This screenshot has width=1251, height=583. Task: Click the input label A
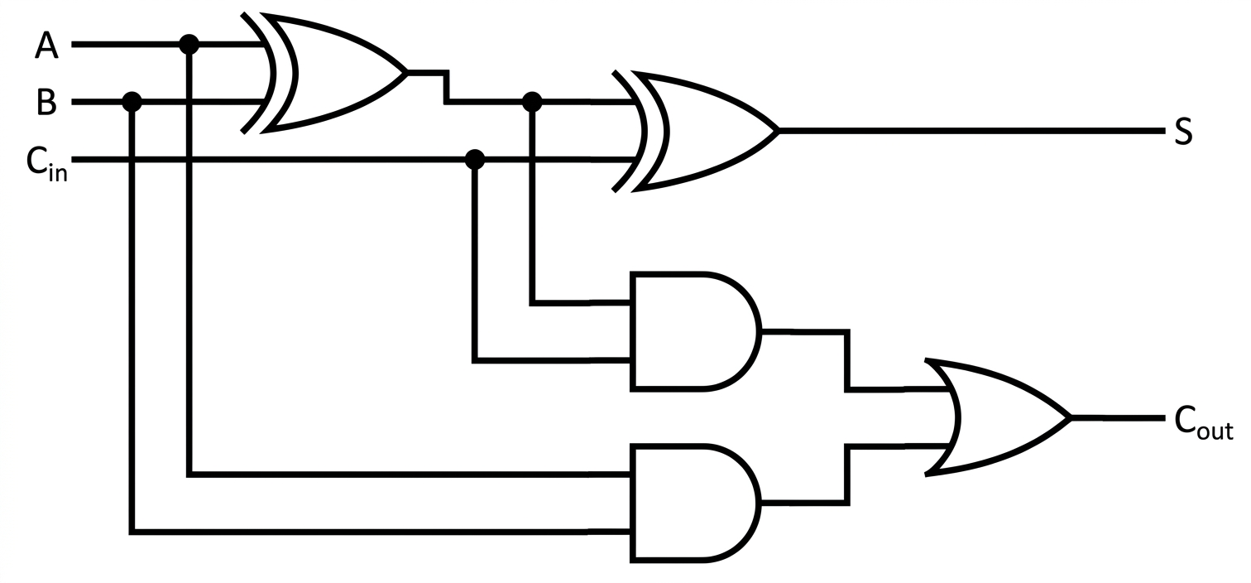click(x=46, y=46)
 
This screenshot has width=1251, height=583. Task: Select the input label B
click(x=46, y=103)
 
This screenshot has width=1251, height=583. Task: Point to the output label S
click(x=1183, y=132)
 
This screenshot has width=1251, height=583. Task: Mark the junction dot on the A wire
click(x=189, y=44)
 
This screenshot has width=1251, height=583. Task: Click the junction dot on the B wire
click(x=132, y=102)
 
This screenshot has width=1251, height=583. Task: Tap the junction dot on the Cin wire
click(x=475, y=159)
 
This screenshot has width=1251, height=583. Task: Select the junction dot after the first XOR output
click(x=532, y=102)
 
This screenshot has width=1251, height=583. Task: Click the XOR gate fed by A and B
click(x=324, y=73)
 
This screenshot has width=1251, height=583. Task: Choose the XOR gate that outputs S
click(x=695, y=131)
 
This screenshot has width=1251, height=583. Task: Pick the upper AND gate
click(x=695, y=331)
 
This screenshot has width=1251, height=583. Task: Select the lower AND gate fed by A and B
click(x=695, y=503)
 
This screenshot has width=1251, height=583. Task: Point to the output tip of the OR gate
click(x=1071, y=417)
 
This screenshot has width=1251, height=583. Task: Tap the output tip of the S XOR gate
click(x=779, y=131)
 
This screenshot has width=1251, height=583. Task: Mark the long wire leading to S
click(x=971, y=131)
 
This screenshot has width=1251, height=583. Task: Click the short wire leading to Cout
click(x=1119, y=417)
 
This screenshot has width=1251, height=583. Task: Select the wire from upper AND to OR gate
click(x=848, y=360)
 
